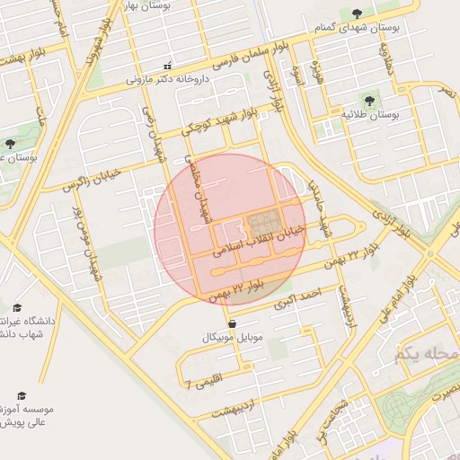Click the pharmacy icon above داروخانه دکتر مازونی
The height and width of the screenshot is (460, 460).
point(167,65)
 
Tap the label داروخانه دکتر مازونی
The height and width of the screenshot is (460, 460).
point(168,79)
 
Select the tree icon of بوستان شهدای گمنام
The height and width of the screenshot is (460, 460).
point(358,13)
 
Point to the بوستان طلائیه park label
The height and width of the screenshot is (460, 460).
point(369,115)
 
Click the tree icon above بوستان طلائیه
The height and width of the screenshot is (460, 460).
point(369,100)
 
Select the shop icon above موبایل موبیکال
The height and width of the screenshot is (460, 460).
point(233,323)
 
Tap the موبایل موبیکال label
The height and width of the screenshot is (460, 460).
point(233,338)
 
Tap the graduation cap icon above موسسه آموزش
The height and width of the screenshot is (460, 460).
point(22,395)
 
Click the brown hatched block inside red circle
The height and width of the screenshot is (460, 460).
point(262,222)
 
